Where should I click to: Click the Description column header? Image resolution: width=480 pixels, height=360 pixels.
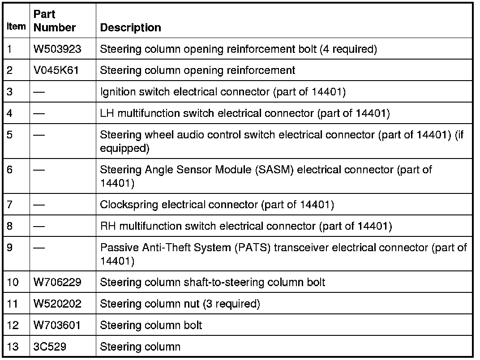[x=130, y=28]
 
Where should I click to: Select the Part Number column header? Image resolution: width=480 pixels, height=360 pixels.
[x=55, y=21]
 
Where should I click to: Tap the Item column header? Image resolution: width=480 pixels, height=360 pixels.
[x=17, y=26]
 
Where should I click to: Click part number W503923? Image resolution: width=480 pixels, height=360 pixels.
[x=57, y=49]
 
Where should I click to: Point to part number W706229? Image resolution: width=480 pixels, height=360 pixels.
[x=57, y=283]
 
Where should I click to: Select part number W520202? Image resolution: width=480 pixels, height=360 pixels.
[x=57, y=304]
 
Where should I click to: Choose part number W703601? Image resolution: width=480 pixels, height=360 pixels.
[x=57, y=325]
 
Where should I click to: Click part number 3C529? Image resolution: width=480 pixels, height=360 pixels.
[x=50, y=347]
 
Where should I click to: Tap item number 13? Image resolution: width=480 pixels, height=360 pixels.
[x=13, y=347]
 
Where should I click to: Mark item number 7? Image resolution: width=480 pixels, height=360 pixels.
[x=10, y=205]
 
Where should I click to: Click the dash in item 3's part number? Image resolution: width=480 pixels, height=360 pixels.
[x=39, y=92]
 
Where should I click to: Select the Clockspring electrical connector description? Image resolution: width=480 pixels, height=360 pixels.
[x=217, y=205]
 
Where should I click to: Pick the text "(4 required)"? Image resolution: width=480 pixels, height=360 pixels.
[x=348, y=49]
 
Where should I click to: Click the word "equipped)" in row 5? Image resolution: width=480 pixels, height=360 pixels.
[x=124, y=148]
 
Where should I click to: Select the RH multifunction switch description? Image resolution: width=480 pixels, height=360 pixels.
[x=246, y=227]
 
